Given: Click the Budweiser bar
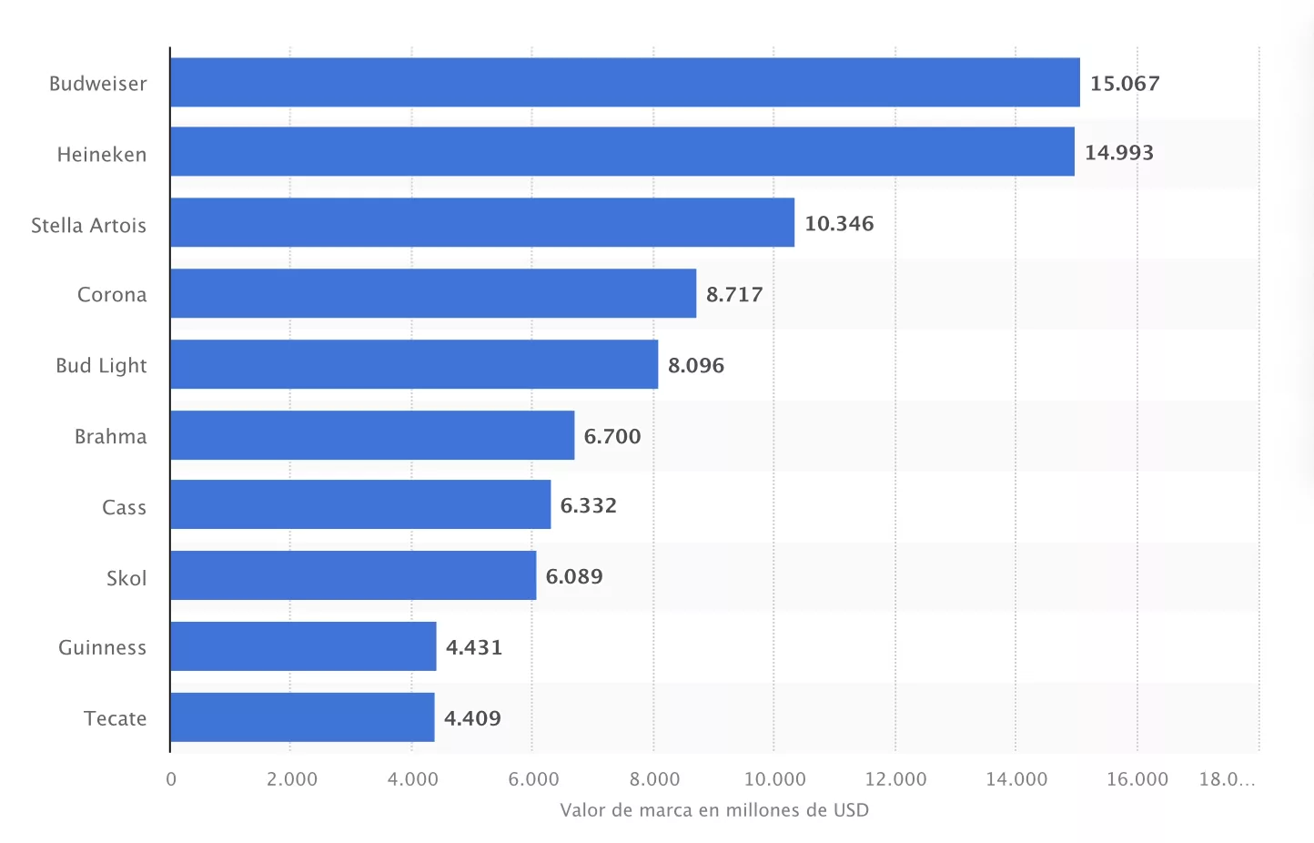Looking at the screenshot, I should click(x=624, y=83).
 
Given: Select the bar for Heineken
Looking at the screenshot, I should click(x=622, y=152).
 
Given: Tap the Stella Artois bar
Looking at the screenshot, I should click(x=481, y=223).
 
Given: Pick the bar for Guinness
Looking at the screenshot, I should click(x=303, y=647).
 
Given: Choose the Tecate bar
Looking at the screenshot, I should click(x=302, y=718).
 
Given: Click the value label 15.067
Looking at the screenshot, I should click(x=1125, y=84).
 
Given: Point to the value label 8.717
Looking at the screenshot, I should click(x=734, y=295).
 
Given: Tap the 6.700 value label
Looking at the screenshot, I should click(x=612, y=437).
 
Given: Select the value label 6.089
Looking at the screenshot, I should click(x=574, y=577).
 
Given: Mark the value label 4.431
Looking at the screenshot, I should click(x=474, y=648).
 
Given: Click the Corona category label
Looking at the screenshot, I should click(x=112, y=295).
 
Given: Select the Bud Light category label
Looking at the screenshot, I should click(x=101, y=366).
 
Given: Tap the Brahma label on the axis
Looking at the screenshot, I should click(x=110, y=437).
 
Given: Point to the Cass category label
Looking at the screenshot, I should click(x=124, y=508).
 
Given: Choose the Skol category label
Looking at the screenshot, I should click(x=126, y=579).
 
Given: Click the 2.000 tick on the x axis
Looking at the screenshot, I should click(x=292, y=779).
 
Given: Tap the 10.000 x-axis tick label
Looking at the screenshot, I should click(x=775, y=779).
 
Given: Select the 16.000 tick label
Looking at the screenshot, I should click(x=1137, y=779).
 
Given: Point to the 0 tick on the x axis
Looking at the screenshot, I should click(x=171, y=779).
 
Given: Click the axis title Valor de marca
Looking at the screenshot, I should click(x=714, y=810).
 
